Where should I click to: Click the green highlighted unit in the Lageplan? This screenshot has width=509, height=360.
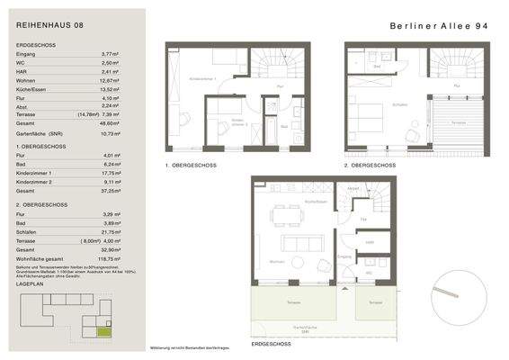(x=106, y=332)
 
